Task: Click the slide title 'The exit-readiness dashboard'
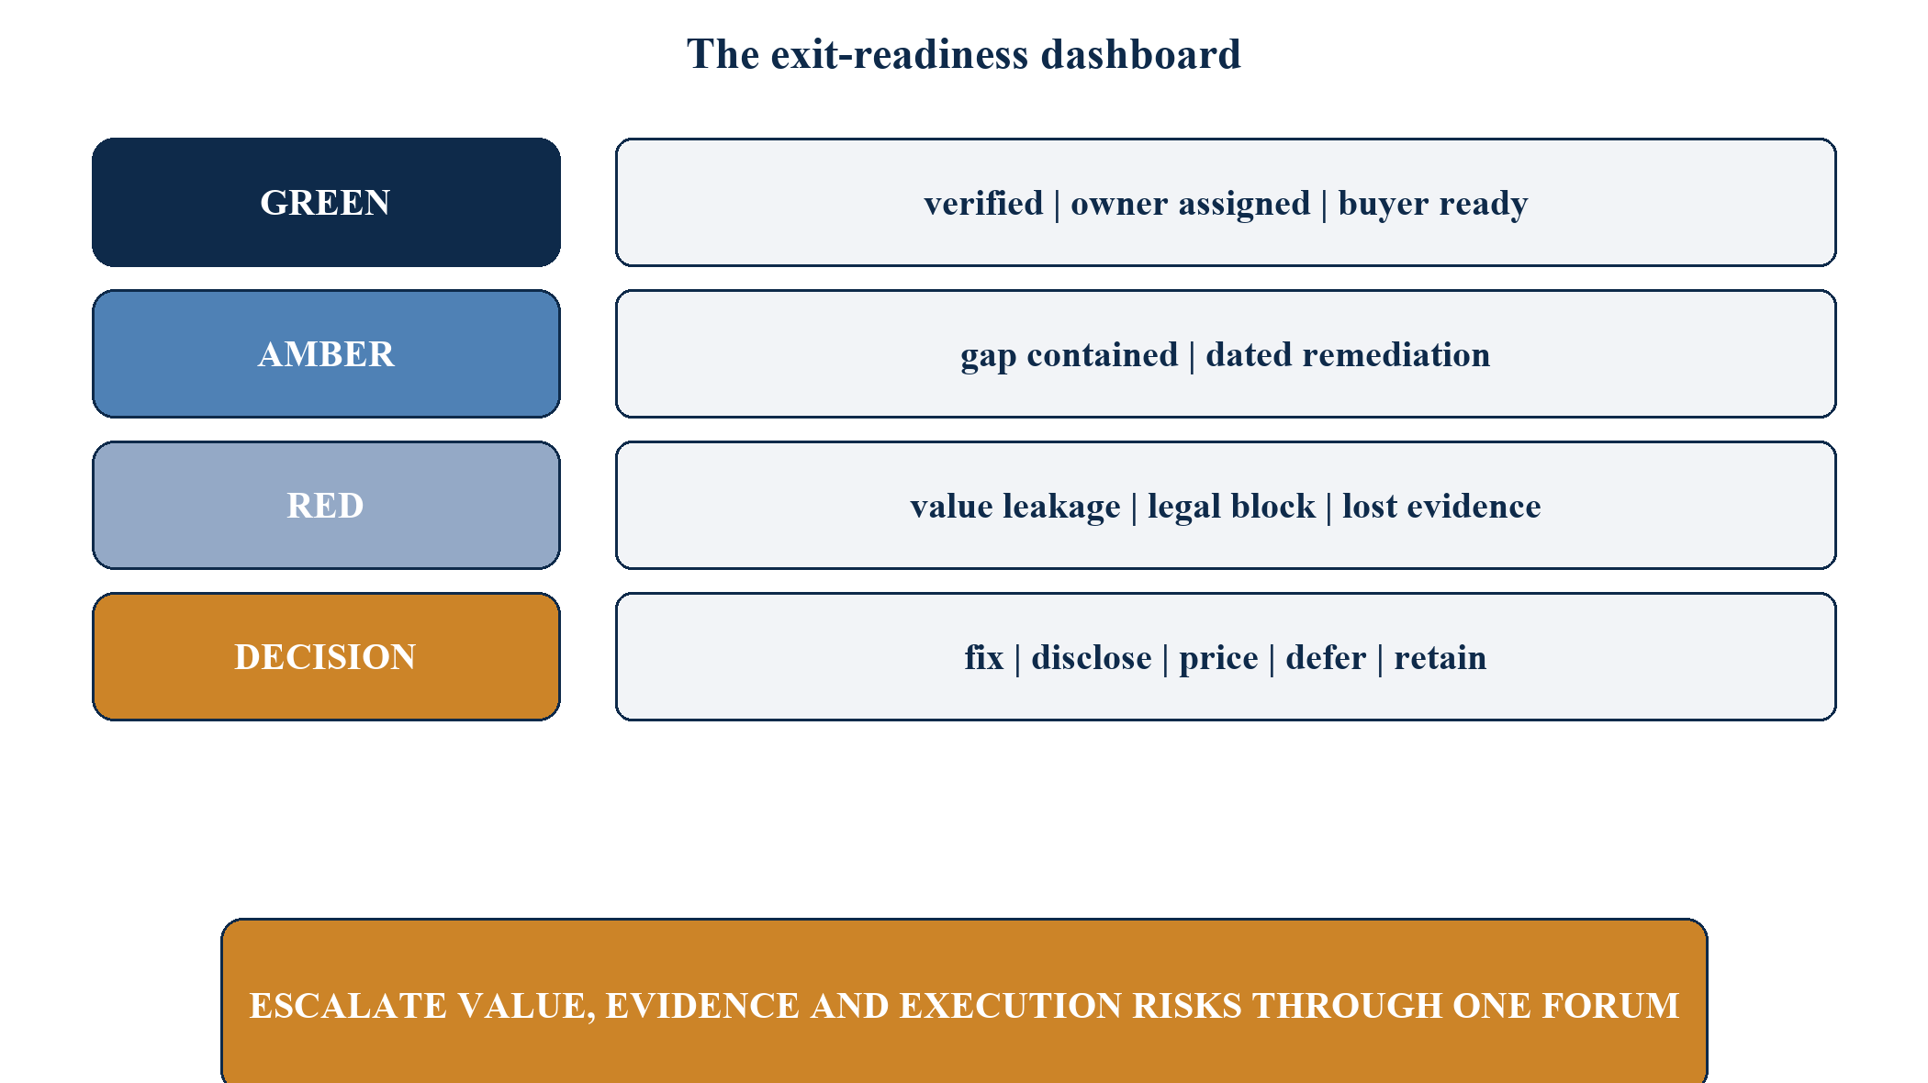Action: point(964,54)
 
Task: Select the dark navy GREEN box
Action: point(326,203)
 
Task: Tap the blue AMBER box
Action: point(326,354)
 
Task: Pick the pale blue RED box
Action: point(326,506)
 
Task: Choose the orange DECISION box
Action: point(326,657)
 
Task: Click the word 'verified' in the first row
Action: point(983,203)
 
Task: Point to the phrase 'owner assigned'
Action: point(1191,204)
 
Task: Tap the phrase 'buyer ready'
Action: point(1433,204)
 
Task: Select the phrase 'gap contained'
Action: point(1069,355)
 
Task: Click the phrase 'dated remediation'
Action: point(1348,354)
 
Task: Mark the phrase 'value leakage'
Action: point(1015,507)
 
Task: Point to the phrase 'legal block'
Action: point(1231,507)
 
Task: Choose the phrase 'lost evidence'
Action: point(1441,506)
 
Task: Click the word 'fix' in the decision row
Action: point(983,657)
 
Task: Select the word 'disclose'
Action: point(1092,657)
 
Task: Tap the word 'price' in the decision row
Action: point(1218,658)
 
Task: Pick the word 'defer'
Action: point(1326,657)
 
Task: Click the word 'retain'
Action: point(1440,657)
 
